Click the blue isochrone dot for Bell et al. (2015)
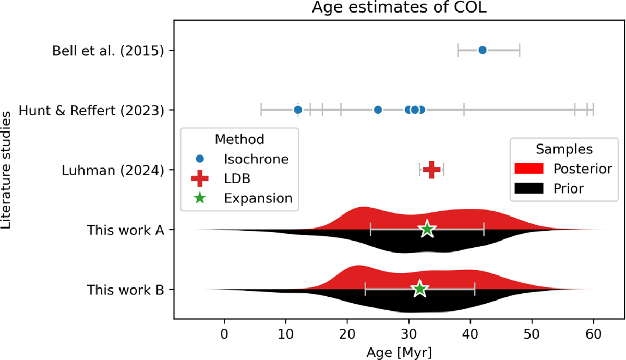[483, 50]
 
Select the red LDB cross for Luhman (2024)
[431, 169]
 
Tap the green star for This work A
[427, 229]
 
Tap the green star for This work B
[419, 289]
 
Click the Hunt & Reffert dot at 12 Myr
[298, 110]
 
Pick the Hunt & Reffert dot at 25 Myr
[378, 110]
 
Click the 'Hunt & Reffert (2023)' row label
[92, 110]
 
